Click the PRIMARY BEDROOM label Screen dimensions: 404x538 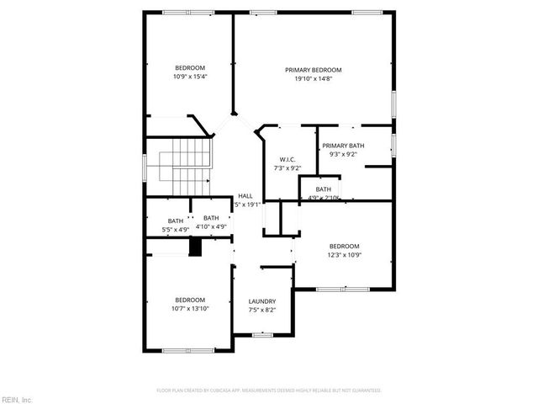pos(313,70)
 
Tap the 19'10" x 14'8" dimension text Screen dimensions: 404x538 pos(313,79)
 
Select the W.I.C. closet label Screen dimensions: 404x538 pos(287,160)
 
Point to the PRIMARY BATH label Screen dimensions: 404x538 pos(343,146)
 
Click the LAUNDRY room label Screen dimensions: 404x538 pos(262,301)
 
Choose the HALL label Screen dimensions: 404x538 pos(245,195)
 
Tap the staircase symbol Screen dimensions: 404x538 pos(189,166)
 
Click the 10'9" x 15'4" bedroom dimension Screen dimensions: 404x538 pos(190,77)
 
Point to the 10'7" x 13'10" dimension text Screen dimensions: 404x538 pos(190,309)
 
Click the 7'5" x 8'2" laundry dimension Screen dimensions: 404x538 pos(262,310)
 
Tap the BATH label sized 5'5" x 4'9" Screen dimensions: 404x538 pos(175,221)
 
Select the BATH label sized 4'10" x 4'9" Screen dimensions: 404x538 pos(211,218)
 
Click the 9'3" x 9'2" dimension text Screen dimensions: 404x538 pos(343,154)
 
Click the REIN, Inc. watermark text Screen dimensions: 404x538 pos(16,398)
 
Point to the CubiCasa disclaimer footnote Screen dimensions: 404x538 pos(269,391)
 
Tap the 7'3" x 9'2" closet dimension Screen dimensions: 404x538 pos(287,168)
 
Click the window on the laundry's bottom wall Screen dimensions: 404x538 pos(263,335)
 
